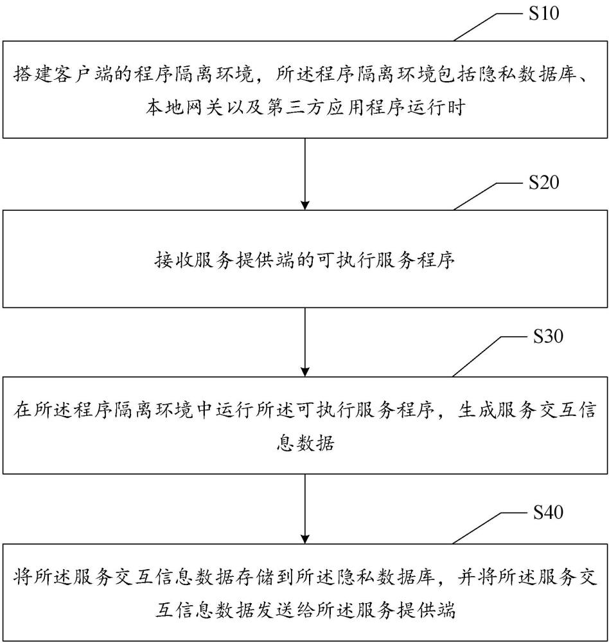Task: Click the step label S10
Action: (543, 14)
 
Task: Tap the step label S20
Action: (543, 183)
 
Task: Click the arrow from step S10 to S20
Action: (304, 174)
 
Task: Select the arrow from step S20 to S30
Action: (304, 341)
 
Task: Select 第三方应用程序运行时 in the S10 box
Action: (366, 107)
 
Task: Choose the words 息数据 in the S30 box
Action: (304, 444)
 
